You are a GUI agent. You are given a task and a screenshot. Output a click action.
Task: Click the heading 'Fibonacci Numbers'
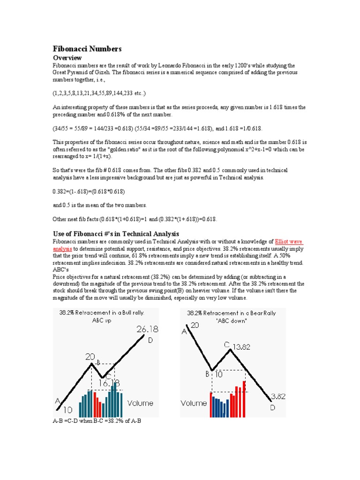coord(87,49)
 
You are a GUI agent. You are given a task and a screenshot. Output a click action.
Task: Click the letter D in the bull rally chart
coord(150,340)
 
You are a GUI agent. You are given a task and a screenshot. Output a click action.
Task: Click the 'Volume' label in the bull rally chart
coord(140,403)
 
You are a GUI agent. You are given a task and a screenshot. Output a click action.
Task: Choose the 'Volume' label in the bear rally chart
coord(194,403)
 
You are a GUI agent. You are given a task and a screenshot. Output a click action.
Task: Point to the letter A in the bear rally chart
coord(184,331)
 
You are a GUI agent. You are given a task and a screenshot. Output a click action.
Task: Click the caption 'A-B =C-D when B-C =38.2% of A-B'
coord(97,421)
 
